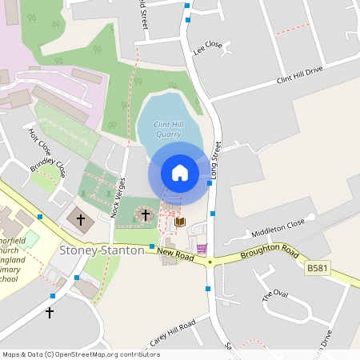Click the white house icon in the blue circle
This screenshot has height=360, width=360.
pyautogui.click(x=180, y=172)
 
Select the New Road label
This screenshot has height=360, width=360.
pyautogui.click(x=175, y=254)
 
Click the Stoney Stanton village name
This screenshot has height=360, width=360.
pyautogui.click(x=102, y=250)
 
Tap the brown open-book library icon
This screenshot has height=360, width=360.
pyautogui.click(x=180, y=222)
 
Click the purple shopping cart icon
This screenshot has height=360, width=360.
pyautogui.click(x=201, y=248)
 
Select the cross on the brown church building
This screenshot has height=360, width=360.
pyautogui.click(x=79, y=218)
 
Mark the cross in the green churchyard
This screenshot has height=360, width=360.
pyautogui.click(x=146, y=214)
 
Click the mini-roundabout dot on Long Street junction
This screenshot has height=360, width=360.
pyautogui.click(x=210, y=262)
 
